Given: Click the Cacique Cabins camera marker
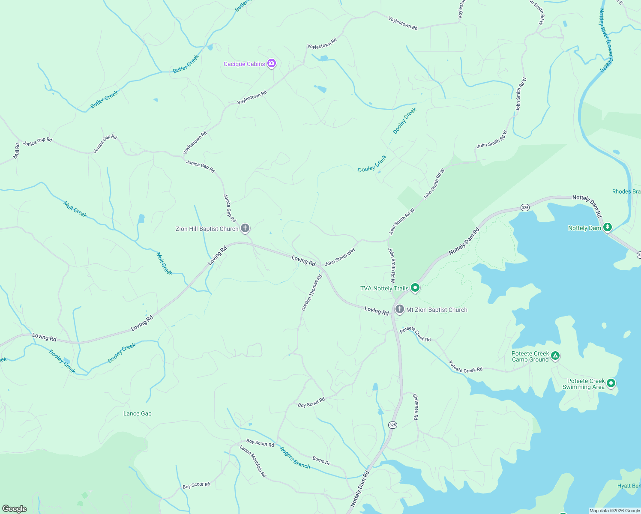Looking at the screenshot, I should [271, 64].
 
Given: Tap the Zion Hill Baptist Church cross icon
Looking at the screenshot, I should [245, 228].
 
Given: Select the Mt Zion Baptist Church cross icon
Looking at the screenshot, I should [399, 309].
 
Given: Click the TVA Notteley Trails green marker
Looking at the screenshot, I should [415, 288].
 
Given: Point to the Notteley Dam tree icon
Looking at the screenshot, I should [607, 227].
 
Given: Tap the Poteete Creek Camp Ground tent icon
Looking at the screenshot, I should [555, 356].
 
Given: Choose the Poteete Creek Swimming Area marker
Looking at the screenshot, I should [611, 383].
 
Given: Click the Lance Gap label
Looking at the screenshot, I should [138, 413].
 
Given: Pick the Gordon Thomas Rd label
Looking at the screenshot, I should [312, 293].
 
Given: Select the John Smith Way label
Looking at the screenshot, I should [340, 256].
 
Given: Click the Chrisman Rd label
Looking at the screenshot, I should [416, 406].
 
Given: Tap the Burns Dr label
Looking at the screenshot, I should [321, 461].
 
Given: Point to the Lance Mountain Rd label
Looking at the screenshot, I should [253, 461].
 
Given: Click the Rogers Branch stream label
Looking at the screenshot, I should [295, 457].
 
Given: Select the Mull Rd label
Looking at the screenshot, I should [17, 151].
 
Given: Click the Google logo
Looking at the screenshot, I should [15, 508].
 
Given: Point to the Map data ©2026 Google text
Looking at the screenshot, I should [614, 511].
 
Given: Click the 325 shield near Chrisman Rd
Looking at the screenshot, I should [392, 425].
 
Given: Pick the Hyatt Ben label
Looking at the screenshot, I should [629, 486].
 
